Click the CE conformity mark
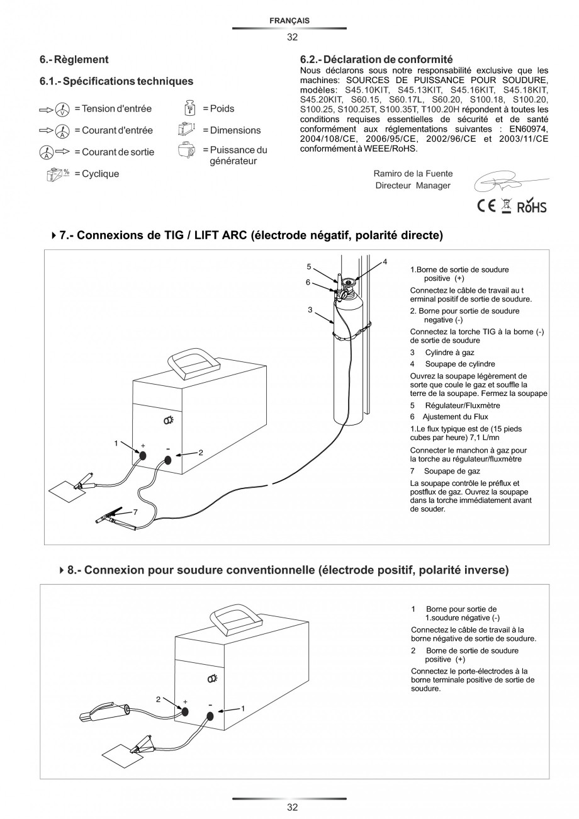pos(486,206)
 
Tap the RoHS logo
pos(532,206)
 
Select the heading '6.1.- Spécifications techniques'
pos(116,81)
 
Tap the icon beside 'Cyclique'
pos(59,174)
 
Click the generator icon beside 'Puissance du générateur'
pos(186,151)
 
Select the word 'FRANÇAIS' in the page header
pos(289,21)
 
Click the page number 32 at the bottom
pos(292,807)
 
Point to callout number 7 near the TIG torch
pos(135,512)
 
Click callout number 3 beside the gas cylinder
pos(310,310)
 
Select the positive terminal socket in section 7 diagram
pos(143,456)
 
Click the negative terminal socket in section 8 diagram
pos(210,716)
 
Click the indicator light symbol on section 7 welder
pos(169,420)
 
